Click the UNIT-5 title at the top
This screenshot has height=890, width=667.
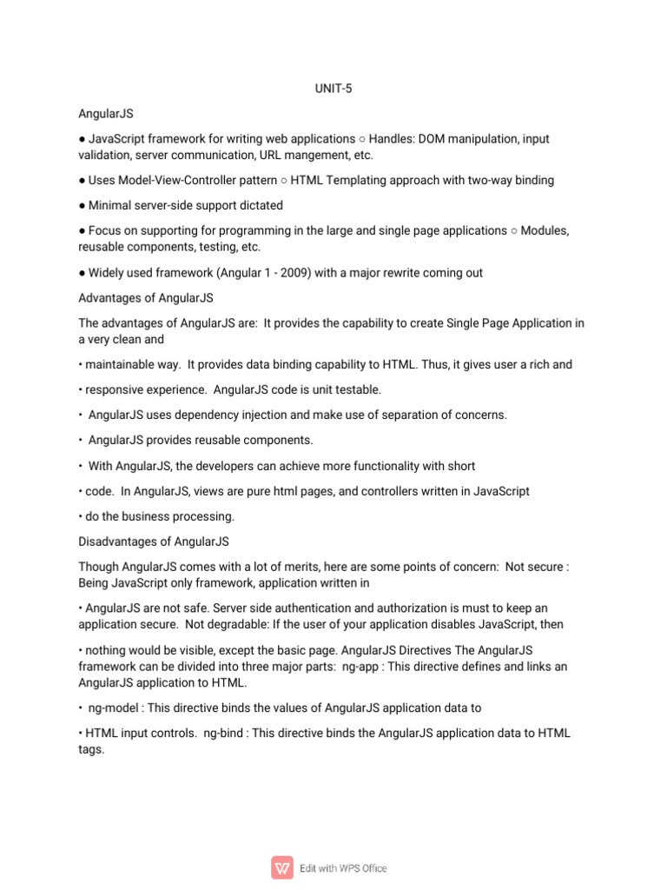point(333,89)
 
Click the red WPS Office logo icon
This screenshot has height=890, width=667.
point(282,867)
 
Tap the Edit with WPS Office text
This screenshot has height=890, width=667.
point(343,867)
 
